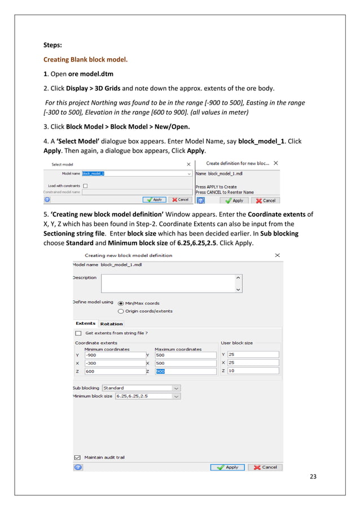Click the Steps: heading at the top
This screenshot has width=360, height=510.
point(55,45)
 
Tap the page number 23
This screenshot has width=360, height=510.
point(313,477)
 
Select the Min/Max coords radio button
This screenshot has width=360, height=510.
point(121,303)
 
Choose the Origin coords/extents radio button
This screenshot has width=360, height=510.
point(121,311)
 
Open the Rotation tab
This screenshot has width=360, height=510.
point(111,324)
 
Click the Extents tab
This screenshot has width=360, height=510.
point(86,324)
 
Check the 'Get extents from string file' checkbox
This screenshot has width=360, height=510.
point(78,333)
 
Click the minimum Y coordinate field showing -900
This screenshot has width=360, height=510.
point(113,355)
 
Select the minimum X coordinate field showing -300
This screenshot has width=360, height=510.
point(113,363)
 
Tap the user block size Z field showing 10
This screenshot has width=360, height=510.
point(253,371)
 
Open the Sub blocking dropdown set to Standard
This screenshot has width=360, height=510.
point(141,388)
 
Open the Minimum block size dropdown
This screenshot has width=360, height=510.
point(147,396)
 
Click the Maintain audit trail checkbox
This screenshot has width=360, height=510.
point(77,457)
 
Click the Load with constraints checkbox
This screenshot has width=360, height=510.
point(85,185)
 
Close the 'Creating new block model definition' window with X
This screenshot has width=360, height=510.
point(277,255)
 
